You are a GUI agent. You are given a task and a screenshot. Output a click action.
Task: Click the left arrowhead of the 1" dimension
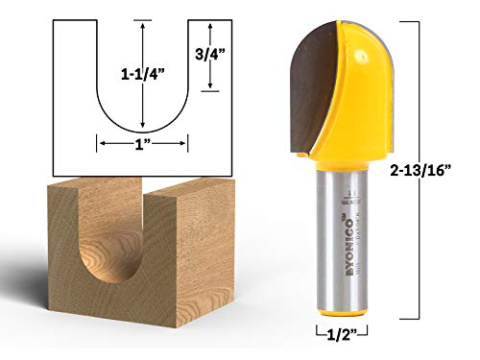(x=100, y=144)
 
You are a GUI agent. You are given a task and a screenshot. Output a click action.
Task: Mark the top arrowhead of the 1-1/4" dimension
(x=142, y=24)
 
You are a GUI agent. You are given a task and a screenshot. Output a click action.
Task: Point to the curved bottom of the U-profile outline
(x=142, y=132)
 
